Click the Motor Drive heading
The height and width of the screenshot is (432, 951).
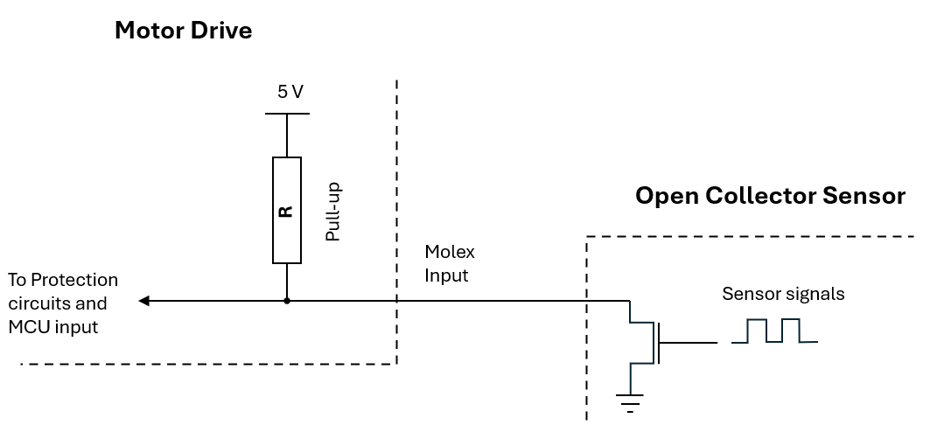[183, 30]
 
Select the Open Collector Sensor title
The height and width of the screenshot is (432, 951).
[770, 196]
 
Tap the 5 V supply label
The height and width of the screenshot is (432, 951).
[290, 92]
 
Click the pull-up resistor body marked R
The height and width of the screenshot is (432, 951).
[287, 210]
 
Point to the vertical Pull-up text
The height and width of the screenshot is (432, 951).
[333, 212]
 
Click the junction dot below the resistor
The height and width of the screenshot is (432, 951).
[287, 301]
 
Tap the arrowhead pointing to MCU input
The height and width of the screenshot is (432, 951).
[143, 301]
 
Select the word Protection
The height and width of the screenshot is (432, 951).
[74, 280]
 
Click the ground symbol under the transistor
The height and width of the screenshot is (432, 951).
[630, 401]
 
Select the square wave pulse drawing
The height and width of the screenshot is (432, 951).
[774, 331]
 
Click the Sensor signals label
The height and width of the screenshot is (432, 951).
[783, 294]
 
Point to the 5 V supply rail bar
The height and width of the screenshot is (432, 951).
[288, 114]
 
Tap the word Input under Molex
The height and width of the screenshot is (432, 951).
[446, 275]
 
